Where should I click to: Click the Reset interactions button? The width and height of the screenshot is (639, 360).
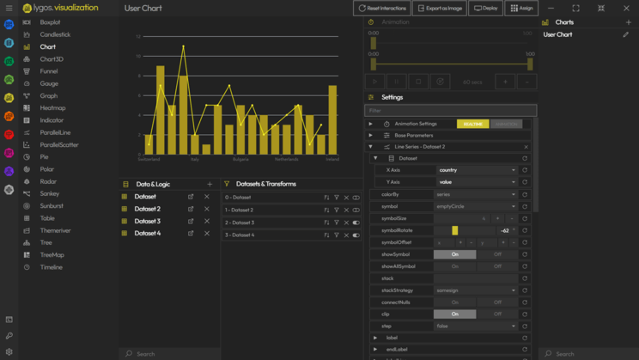[x=382, y=8]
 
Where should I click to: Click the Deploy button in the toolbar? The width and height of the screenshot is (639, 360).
[x=485, y=8]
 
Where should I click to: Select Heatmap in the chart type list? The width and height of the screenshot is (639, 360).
[x=52, y=108]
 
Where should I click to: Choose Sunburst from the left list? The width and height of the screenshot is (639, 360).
[x=51, y=206]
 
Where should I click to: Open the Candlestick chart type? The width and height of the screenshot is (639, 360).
[x=54, y=34]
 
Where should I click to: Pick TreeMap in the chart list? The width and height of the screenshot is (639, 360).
[x=52, y=255]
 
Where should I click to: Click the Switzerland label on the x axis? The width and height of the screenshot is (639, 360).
[x=149, y=159]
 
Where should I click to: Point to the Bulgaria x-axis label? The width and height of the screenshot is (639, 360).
[x=240, y=159]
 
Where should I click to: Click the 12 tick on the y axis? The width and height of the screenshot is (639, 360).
[x=137, y=37]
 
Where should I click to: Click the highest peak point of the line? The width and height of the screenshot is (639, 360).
[x=183, y=46]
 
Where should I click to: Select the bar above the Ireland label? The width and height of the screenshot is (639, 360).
[x=332, y=120]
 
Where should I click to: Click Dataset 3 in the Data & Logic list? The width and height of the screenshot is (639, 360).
[x=147, y=221]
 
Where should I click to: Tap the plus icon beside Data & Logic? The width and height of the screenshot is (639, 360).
[x=210, y=184]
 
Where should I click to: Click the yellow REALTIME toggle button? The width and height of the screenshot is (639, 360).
[x=472, y=124]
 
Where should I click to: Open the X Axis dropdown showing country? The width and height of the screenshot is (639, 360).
[x=477, y=170]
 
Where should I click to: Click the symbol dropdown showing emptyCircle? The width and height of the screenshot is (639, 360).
[x=477, y=206]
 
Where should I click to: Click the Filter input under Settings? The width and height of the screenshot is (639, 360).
[x=450, y=111]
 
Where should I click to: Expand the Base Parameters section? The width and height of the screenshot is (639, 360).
[x=413, y=136]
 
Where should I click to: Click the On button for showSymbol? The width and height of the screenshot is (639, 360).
[x=454, y=254]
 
